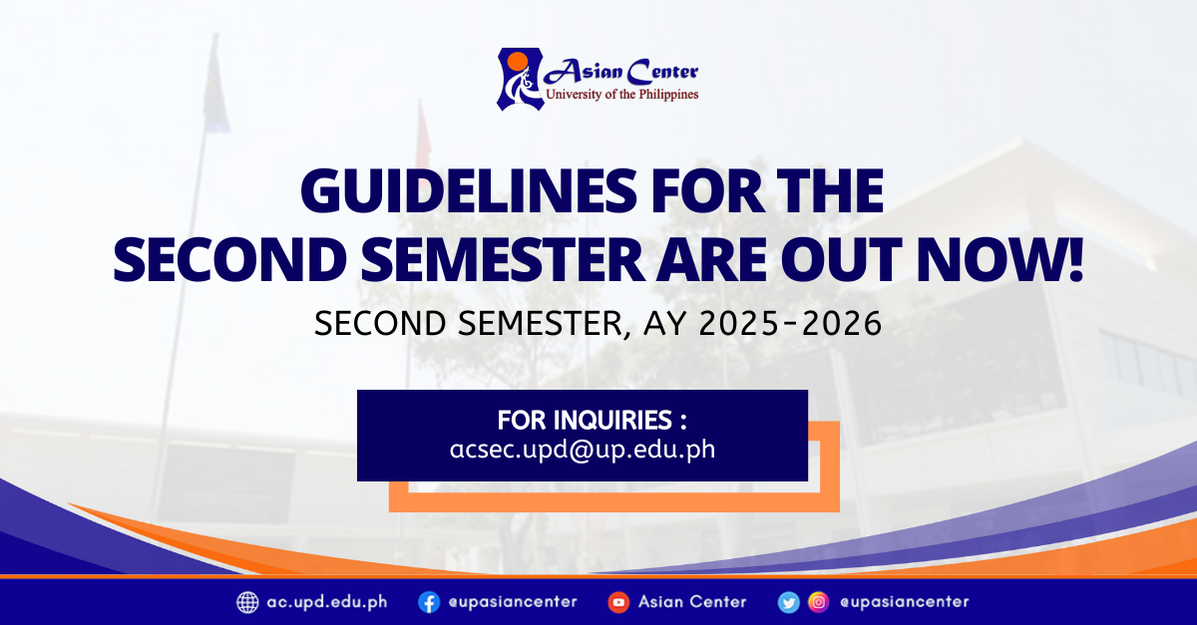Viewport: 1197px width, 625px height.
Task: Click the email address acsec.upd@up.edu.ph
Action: tap(583, 449)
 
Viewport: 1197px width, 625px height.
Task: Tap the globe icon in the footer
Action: tap(247, 602)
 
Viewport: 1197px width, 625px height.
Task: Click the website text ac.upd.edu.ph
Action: tap(327, 602)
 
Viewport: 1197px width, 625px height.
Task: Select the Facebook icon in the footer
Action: tap(429, 602)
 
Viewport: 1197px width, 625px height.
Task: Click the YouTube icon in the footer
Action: tap(618, 602)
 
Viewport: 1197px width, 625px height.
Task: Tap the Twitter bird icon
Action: tap(789, 602)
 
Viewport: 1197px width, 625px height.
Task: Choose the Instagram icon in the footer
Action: tap(818, 602)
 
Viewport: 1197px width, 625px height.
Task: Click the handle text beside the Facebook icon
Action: tap(512, 602)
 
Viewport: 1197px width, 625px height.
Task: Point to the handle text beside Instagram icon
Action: tap(904, 602)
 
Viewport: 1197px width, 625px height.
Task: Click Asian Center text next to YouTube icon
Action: tap(692, 602)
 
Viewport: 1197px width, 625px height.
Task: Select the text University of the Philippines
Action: tap(621, 95)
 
